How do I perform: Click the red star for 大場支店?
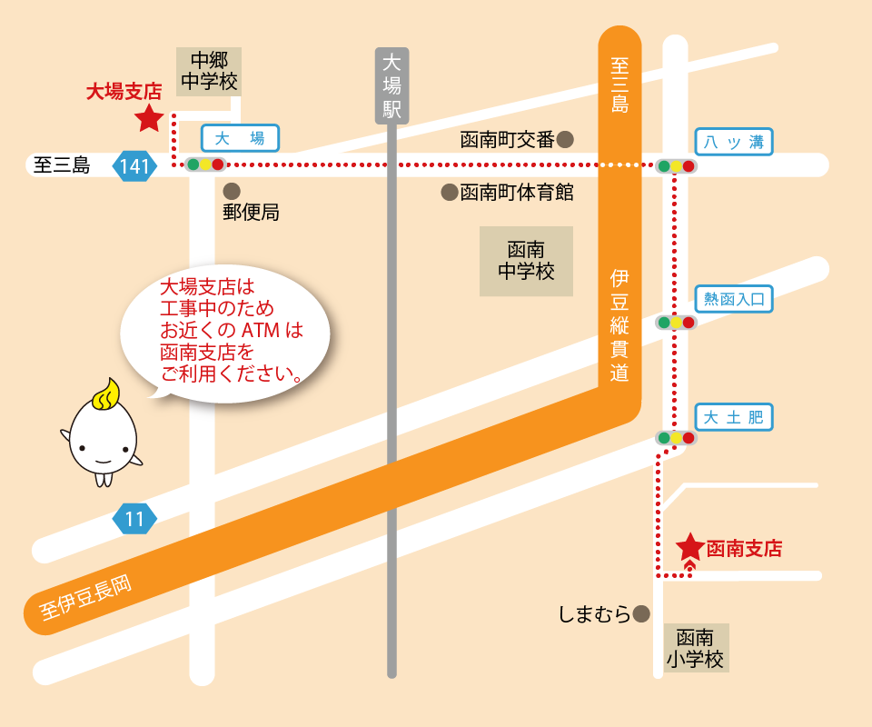coord(149,117)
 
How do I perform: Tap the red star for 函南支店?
coord(690,547)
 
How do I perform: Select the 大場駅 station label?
coord(392,85)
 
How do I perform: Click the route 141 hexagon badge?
coord(134,166)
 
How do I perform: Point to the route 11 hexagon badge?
coord(134,520)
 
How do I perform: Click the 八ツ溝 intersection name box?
coord(734,142)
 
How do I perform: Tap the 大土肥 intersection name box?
coord(734,417)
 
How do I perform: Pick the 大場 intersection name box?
coord(240,138)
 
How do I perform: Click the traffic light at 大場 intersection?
coord(205,164)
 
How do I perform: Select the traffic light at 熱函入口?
coord(676,323)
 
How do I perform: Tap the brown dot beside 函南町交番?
coord(565,139)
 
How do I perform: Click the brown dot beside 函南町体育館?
coord(449,192)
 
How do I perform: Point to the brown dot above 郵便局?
coord(232,191)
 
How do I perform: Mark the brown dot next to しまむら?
coord(642,614)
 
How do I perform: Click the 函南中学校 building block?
coord(526,261)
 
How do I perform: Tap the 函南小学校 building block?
coord(696,648)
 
